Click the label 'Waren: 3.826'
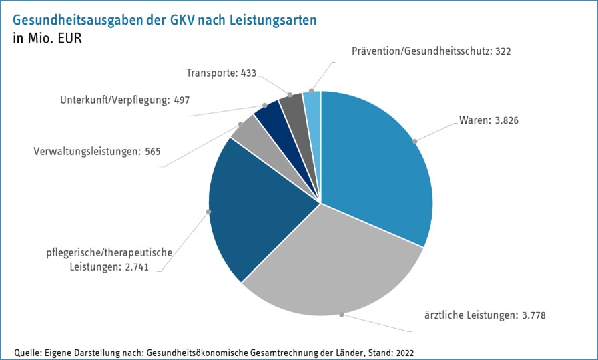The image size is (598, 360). pos(489,121)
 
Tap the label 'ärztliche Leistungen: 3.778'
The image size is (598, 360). pos(485,314)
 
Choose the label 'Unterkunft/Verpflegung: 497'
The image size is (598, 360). pos(125,100)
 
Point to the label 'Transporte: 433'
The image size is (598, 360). pos(222,73)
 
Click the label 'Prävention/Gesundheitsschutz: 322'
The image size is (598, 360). pos(431,51)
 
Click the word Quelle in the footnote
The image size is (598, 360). pos(28,352)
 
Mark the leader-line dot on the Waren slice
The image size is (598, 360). pos(414,141)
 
